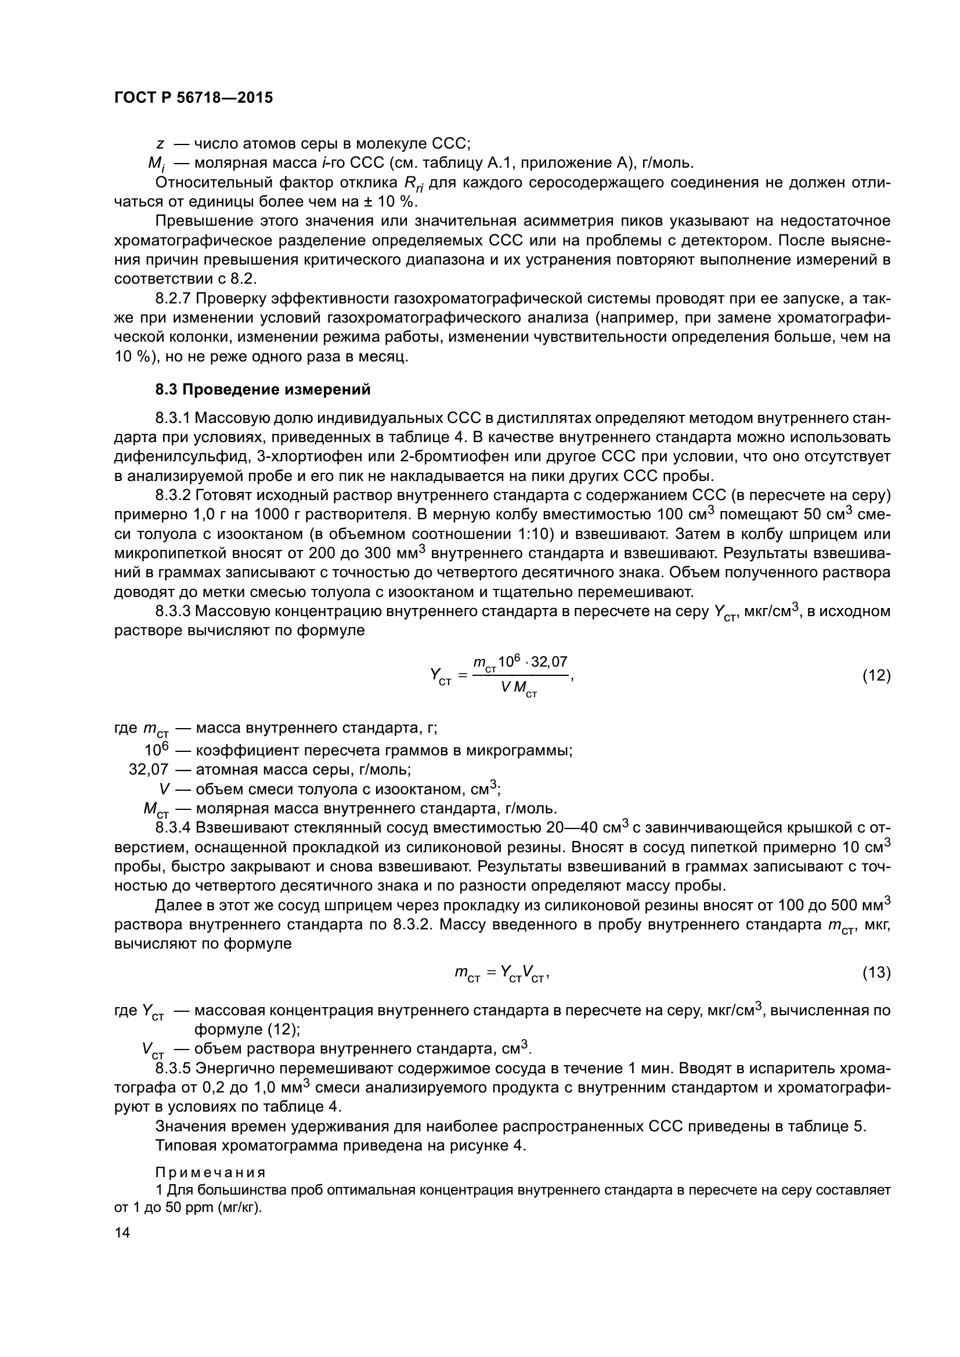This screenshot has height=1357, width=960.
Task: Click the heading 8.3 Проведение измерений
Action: coord(263,389)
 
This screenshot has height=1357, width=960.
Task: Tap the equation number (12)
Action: coord(876,675)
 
